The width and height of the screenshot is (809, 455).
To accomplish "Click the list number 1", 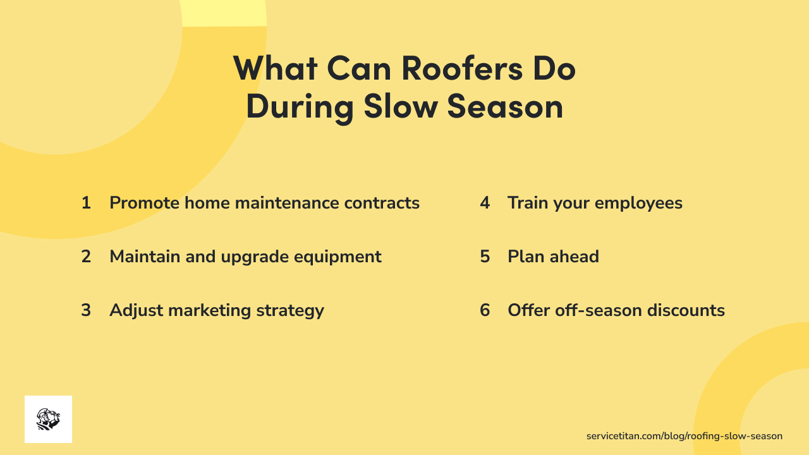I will (86, 203).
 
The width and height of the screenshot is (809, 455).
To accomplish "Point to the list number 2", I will (86, 257).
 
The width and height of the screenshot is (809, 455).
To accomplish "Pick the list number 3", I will (86, 310).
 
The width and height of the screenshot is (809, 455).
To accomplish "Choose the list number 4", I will (485, 203).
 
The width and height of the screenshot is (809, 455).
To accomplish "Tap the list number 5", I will (485, 257).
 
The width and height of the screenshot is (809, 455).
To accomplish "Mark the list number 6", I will (485, 310).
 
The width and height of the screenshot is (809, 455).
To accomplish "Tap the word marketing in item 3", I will (209, 311).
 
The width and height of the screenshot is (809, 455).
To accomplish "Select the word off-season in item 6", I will (594, 310).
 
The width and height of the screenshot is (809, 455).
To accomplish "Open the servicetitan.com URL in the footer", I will (684, 436).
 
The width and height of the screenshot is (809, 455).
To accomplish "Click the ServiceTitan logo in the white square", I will (48, 419).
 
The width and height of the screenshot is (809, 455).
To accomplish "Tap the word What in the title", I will (276, 69).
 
